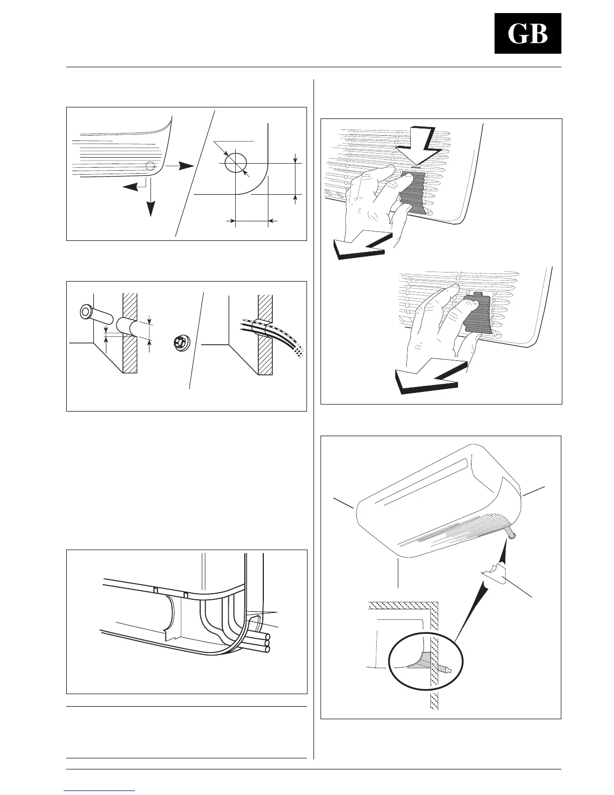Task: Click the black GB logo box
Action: (528, 34)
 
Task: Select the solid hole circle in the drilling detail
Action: (236, 163)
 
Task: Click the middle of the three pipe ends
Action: (267, 643)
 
